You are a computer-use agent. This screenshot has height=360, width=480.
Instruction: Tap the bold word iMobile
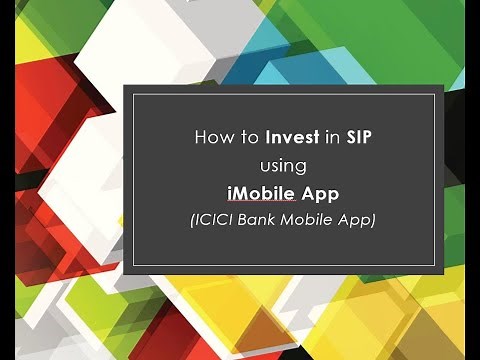(x=262, y=192)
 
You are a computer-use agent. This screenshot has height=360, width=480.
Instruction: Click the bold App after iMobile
(x=321, y=192)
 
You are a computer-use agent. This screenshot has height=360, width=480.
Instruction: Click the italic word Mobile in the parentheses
(x=310, y=219)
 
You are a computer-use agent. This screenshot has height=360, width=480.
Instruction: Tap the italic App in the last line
(x=354, y=219)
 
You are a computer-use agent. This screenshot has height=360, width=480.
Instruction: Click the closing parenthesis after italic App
(x=372, y=219)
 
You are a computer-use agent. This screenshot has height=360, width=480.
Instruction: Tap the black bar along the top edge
(x=240, y=5)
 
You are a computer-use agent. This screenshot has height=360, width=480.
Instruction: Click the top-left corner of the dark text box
(x=125, y=87)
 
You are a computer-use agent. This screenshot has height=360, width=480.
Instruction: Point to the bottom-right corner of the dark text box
(x=442, y=272)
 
